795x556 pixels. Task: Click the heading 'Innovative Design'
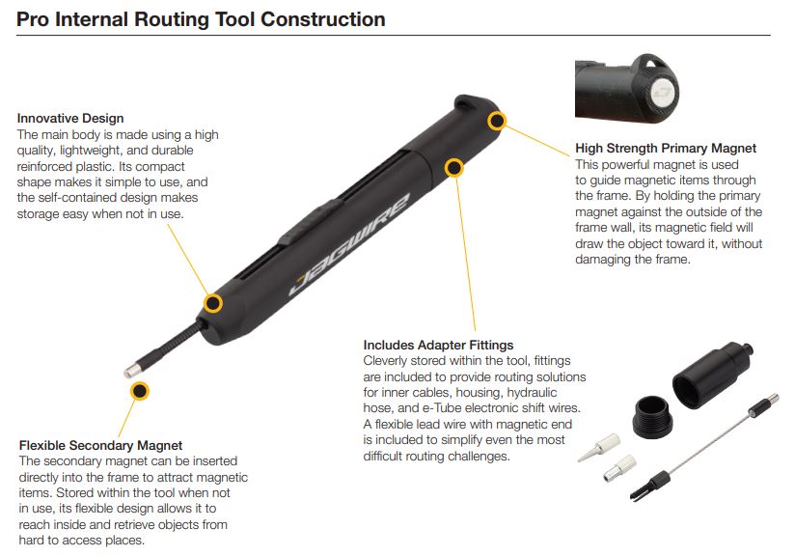70,119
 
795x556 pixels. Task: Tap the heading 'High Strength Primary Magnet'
666,149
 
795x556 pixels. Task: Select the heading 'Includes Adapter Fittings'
438,345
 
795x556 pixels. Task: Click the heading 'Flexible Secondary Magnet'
100,445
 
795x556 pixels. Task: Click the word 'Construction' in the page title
328,19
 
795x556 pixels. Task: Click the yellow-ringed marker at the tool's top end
497,121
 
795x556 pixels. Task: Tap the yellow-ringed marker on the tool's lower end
213,303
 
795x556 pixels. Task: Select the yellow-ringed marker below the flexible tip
140,390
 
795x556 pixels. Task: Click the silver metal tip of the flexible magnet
133,369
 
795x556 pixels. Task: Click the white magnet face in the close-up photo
662,93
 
